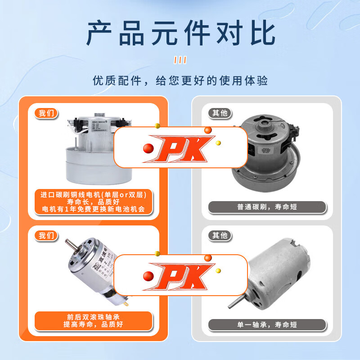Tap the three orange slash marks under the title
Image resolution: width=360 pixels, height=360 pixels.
[180, 60]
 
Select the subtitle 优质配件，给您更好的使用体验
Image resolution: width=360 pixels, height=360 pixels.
[180, 81]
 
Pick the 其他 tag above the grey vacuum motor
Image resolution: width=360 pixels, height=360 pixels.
[219, 113]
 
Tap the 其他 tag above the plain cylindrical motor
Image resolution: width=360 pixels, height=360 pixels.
[219, 235]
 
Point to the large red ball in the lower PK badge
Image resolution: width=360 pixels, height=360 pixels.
[148, 277]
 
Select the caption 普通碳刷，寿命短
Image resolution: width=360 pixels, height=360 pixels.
[267, 207]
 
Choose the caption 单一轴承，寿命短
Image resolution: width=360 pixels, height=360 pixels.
[267, 324]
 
